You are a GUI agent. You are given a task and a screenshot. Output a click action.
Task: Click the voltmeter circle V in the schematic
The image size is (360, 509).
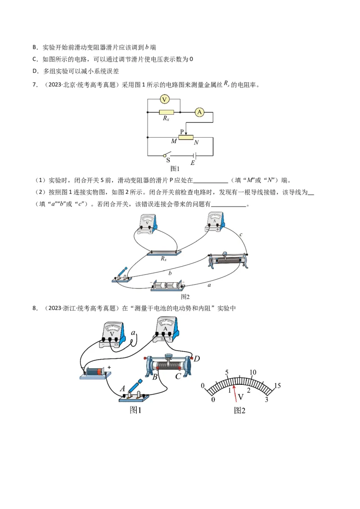pos(165,99)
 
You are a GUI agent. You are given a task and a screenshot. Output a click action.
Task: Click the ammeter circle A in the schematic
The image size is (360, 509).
pos(199,112)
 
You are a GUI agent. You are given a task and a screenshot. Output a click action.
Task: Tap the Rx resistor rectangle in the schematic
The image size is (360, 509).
pos(166,112)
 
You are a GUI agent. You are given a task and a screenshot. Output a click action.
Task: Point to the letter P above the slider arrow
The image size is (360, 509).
pos(182,132)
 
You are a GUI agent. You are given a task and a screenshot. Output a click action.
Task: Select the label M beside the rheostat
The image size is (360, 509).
pos(174,142)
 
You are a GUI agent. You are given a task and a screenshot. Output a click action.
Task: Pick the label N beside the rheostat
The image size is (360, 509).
pos(196,142)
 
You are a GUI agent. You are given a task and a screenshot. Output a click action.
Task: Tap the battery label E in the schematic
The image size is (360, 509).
pos(193,163)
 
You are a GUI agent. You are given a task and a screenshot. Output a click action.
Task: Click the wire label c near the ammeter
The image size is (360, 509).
pos(241,235)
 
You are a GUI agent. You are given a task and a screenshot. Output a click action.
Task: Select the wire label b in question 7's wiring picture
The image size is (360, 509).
pos(170,273)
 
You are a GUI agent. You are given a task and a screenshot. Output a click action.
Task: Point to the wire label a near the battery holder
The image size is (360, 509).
pos(209,285)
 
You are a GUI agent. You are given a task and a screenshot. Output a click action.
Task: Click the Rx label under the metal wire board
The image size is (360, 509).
pos(164,259)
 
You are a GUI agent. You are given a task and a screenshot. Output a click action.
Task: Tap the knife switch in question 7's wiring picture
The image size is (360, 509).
pos(121,275)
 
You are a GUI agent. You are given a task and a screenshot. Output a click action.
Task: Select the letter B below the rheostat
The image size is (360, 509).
pos(154,377)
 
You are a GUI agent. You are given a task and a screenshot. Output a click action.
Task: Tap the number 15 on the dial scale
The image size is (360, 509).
pos(277,385)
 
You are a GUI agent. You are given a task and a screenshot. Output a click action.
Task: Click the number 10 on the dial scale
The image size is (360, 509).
pos(252,372)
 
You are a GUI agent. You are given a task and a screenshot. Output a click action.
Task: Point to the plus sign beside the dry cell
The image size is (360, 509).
pos(109,367)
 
